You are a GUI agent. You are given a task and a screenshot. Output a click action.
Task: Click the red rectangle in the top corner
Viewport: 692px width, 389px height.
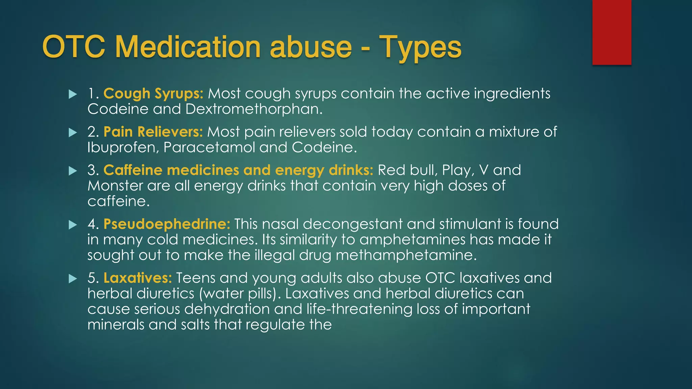pos(612,32)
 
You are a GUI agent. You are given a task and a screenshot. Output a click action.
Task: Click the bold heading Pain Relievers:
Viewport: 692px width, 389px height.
pos(153,132)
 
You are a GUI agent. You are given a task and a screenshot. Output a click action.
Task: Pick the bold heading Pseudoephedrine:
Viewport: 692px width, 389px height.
pos(167,224)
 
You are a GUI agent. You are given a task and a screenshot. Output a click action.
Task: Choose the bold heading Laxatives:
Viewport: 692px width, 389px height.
pos(138,278)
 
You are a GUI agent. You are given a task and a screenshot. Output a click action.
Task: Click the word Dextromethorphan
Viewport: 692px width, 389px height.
pos(254,109)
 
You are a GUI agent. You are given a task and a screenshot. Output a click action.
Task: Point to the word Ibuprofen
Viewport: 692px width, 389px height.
pos(123,148)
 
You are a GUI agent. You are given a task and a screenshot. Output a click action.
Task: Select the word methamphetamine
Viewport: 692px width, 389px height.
pos(406,255)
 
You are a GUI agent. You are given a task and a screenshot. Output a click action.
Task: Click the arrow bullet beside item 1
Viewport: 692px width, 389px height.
pos(73,94)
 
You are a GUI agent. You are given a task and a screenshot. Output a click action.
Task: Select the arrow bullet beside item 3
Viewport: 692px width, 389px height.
pos(73,171)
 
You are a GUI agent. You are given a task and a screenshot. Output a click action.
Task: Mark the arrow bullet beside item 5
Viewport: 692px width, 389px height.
pos(73,279)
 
